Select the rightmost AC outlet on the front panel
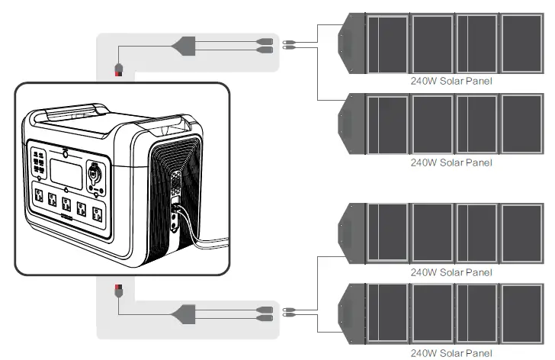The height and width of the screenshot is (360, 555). pos(97,213)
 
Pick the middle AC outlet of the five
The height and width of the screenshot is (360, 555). pos(67,206)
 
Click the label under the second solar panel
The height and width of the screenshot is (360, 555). pos(451,162)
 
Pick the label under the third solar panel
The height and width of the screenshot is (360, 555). pos(451,272)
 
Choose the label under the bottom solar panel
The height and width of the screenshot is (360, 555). pos(451,353)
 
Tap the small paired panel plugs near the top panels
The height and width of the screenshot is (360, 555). pos(289,45)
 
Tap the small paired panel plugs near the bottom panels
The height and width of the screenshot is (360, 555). pos(289,312)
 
